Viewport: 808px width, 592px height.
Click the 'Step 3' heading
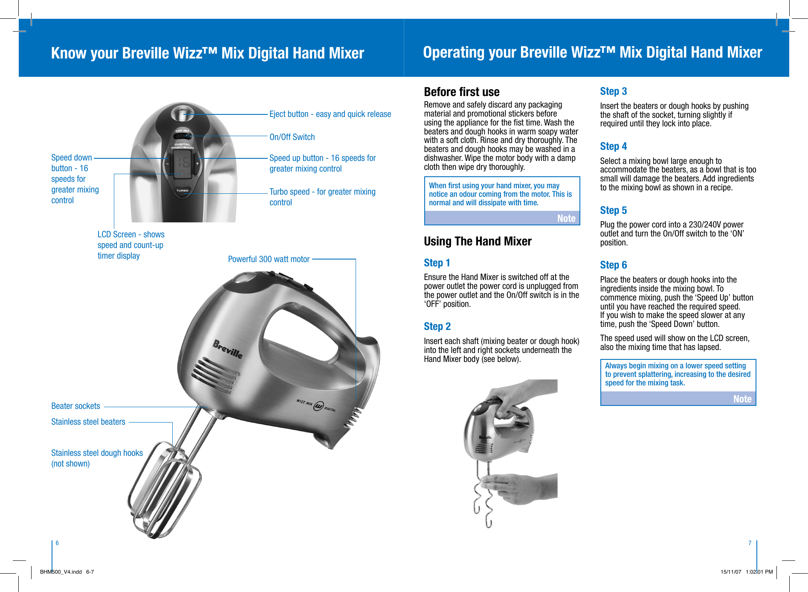click(613, 91)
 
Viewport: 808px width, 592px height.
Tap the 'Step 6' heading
click(613, 265)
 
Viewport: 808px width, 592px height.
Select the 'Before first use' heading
click(461, 92)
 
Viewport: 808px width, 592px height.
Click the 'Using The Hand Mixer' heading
click(477, 242)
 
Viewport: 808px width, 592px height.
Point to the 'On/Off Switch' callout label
click(292, 137)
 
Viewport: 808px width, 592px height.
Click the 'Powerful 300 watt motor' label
click(269, 259)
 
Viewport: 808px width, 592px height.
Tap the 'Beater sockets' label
click(75, 406)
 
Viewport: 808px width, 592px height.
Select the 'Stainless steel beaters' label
click(88, 422)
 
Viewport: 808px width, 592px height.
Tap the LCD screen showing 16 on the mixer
click(182, 163)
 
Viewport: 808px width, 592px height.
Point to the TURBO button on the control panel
click(182, 190)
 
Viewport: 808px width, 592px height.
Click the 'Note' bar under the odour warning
click(502, 218)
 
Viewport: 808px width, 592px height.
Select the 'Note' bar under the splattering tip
click(678, 399)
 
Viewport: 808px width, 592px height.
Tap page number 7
click(750, 543)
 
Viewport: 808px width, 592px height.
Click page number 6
click(57, 543)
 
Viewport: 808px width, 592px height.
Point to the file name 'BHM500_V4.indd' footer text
click(61, 572)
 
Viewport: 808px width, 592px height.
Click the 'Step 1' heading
click(437, 263)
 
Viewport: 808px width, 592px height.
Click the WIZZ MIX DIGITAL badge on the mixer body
click(316, 405)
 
